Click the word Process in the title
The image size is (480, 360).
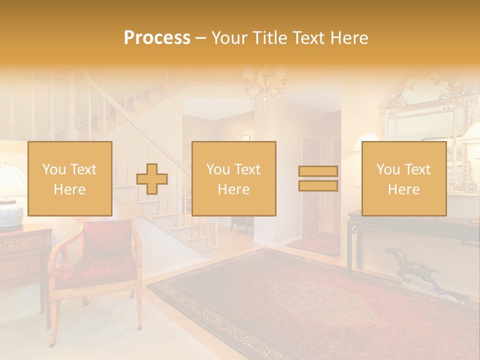[x=157, y=38]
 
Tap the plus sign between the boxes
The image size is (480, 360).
[x=152, y=179]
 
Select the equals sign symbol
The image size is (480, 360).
[x=318, y=178]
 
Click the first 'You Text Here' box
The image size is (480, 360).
[x=70, y=178]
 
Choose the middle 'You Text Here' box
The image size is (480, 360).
[x=234, y=178]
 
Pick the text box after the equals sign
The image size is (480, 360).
[x=404, y=178]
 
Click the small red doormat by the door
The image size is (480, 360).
[x=315, y=243]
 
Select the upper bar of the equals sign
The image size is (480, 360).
[x=318, y=171]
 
